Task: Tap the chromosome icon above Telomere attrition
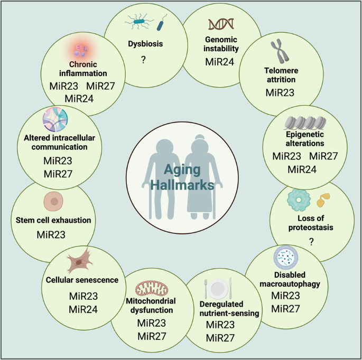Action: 281,54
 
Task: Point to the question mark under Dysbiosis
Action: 143,60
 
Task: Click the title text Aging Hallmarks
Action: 181,177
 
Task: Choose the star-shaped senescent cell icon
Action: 81,260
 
